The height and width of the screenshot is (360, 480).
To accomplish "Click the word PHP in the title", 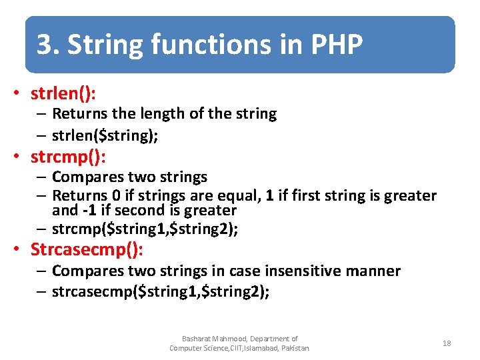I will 337,45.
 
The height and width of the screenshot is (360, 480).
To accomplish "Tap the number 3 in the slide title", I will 45,45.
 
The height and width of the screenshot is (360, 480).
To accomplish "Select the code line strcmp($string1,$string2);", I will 145,229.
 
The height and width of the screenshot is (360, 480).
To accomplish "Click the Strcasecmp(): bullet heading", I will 87,250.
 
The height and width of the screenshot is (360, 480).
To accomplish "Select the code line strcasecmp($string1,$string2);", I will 161,292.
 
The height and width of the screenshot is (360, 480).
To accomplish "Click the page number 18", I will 447,343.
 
